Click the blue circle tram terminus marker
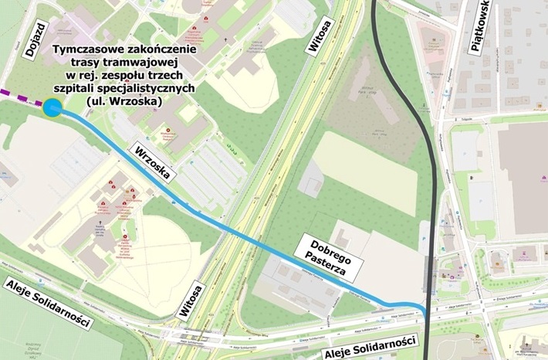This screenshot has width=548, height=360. click(x=52, y=110)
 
